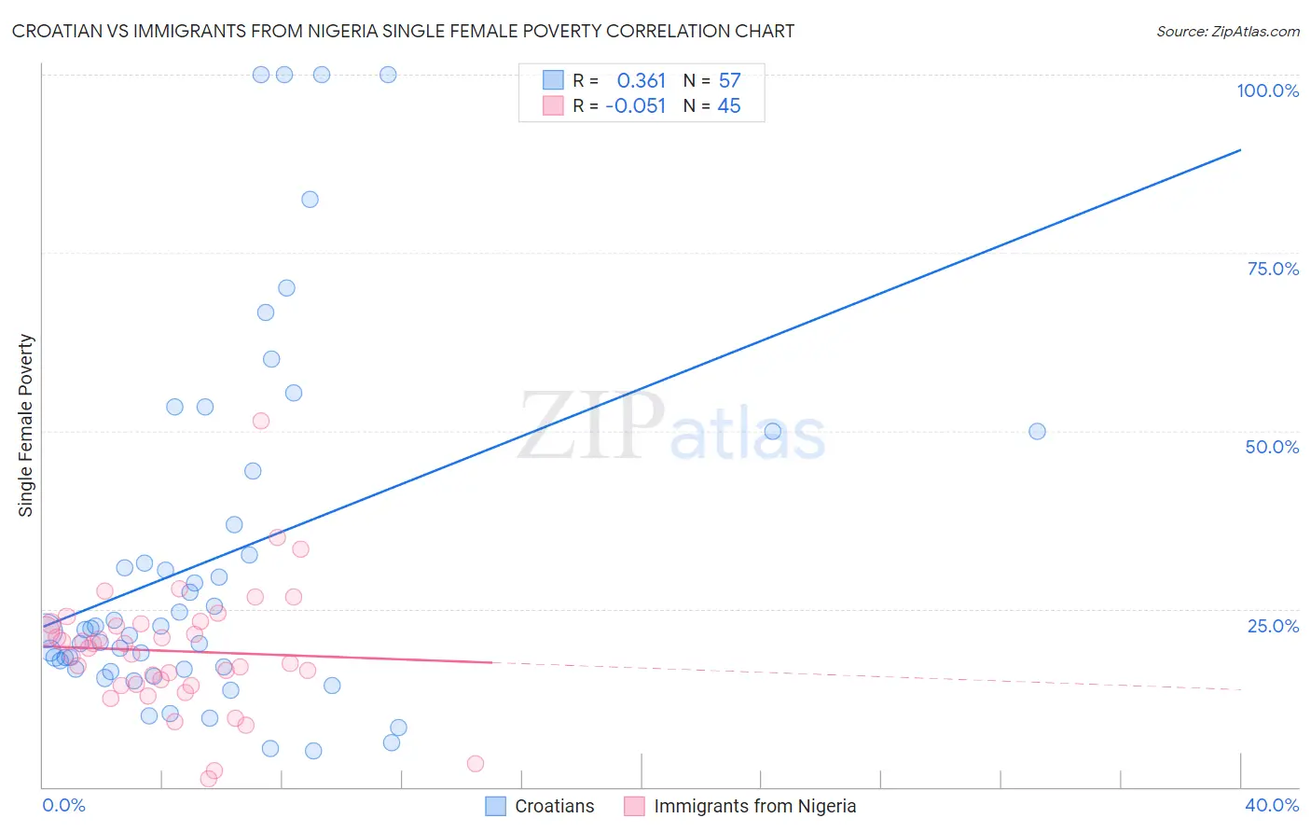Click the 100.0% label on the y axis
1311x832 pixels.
point(1267,90)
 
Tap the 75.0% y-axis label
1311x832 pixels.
point(1273,269)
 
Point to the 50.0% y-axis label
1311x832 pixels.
point(1272,447)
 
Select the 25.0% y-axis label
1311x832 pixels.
point(1273,626)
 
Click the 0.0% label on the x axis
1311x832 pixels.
point(63,805)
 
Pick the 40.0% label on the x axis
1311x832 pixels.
point(1271,805)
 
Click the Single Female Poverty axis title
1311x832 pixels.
point(26,425)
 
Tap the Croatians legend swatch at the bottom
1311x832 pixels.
point(496,806)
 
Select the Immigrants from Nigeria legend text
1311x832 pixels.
point(754,806)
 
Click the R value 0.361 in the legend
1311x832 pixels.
point(642,81)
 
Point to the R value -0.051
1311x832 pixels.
point(636,106)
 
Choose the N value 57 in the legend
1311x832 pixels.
point(729,81)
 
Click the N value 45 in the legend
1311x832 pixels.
point(729,106)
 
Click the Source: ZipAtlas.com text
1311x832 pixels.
point(1227,32)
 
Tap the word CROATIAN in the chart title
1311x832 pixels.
point(60,32)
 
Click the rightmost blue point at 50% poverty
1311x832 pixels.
point(1037,432)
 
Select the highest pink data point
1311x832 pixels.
point(261,421)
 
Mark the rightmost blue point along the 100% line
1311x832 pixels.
point(388,75)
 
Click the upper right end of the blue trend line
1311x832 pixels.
point(1240,149)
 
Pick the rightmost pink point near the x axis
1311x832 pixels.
point(475,764)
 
